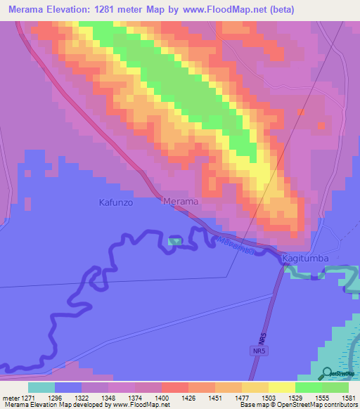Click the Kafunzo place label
[110, 202]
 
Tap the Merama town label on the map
[181, 202]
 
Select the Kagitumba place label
[305, 259]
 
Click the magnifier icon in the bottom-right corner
[328, 373]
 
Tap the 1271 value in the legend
[30, 397]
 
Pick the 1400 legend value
[162, 397]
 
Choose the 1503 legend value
[268, 397]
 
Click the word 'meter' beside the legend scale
[11, 397]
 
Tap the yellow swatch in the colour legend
[281, 387]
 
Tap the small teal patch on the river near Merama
[174, 242]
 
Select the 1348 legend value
[109, 397]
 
